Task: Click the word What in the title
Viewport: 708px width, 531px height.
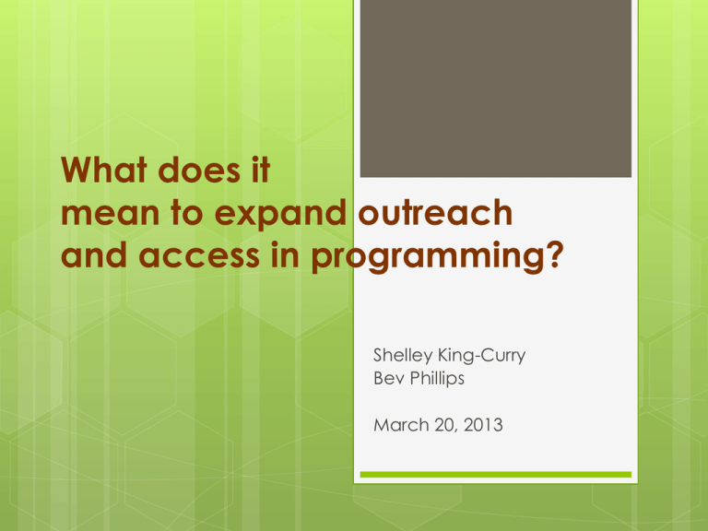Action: [x=104, y=170]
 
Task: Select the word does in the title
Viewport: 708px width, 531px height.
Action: [x=199, y=170]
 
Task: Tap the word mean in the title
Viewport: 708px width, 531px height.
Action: [x=111, y=213]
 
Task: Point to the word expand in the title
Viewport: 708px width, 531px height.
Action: [x=280, y=213]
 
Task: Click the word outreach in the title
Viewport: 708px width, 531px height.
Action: [x=435, y=212]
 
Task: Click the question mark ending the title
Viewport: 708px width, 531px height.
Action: [x=556, y=254]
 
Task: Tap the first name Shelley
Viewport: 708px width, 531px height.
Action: [x=403, y=356]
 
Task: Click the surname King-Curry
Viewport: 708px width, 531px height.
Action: [x=482, y=356]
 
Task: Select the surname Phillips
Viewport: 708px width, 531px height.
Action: [x=437, y=378]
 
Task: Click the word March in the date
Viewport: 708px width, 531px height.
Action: [x=401, y=425]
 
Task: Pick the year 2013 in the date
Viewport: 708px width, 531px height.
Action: [x=483, y=425]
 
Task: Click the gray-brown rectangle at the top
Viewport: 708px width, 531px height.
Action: [x=496, y=88]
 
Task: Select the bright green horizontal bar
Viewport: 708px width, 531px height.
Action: [x=496, y=475]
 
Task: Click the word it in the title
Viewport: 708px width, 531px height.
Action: [x=261, y=170]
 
